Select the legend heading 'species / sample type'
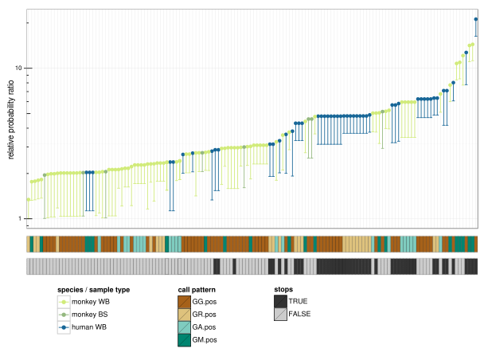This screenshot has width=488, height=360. pyautogui.click(x=93, y=289)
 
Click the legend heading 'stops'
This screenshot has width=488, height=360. pyautogui.click(x=283, y=289)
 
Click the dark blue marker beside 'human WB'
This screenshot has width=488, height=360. pyautogui.click(x=64, y=327)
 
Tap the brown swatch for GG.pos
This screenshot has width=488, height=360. pyautogui.click(x=185, y=302)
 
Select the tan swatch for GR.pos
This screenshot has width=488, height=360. pyautogui.click(x=185, y=315)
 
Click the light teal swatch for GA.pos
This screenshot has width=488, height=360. pyautogui.click(x=185, y=327)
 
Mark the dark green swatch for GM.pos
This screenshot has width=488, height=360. pyautogui.click(x=185, y=340)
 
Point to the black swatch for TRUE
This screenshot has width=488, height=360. pyautogui.click(x=280, y=302)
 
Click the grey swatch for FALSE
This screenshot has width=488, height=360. pyautogui.click(x=280, y=315)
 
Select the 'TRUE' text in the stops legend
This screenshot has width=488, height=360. pyautogui.click(x=298, y=302)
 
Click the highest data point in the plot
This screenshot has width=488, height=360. pyautogui.click(x=476, y=19)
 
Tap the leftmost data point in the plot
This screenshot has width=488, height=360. pyautogui.click(x=29, y=199)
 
